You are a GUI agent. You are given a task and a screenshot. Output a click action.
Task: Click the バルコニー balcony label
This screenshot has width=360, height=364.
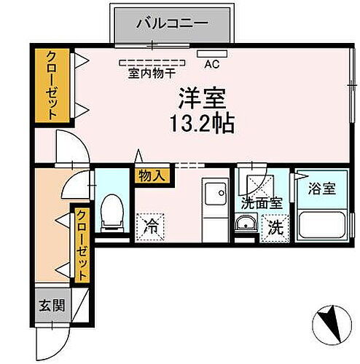(x=172, y=23)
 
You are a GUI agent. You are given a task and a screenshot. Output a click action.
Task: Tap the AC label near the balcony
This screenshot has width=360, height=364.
(x=211, y=64)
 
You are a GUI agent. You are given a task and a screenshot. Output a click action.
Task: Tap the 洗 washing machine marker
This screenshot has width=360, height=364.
(x=275, y=226)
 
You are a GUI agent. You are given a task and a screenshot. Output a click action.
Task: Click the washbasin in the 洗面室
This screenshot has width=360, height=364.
(x=247, y=224)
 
